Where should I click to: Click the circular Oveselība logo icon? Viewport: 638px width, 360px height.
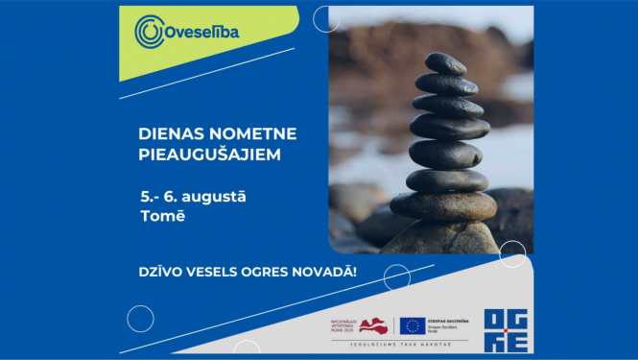[x=150, y=32]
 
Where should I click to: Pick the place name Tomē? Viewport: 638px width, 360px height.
[x=162, y=216]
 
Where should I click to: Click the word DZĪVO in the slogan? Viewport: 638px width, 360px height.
[x=160, y=273]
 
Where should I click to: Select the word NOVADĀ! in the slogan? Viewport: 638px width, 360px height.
[x=326, y=273]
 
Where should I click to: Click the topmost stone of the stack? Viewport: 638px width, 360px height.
[x=446, y=64]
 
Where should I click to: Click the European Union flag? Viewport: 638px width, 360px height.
[x=413, y=325]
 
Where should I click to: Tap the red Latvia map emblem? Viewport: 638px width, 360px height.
[x=375, y=325]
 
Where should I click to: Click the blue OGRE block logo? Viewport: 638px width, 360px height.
[x=505, y=329]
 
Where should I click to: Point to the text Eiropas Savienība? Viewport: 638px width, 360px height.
[x=448, y=320]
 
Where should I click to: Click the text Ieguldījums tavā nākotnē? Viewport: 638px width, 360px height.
[x=401, y=344]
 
